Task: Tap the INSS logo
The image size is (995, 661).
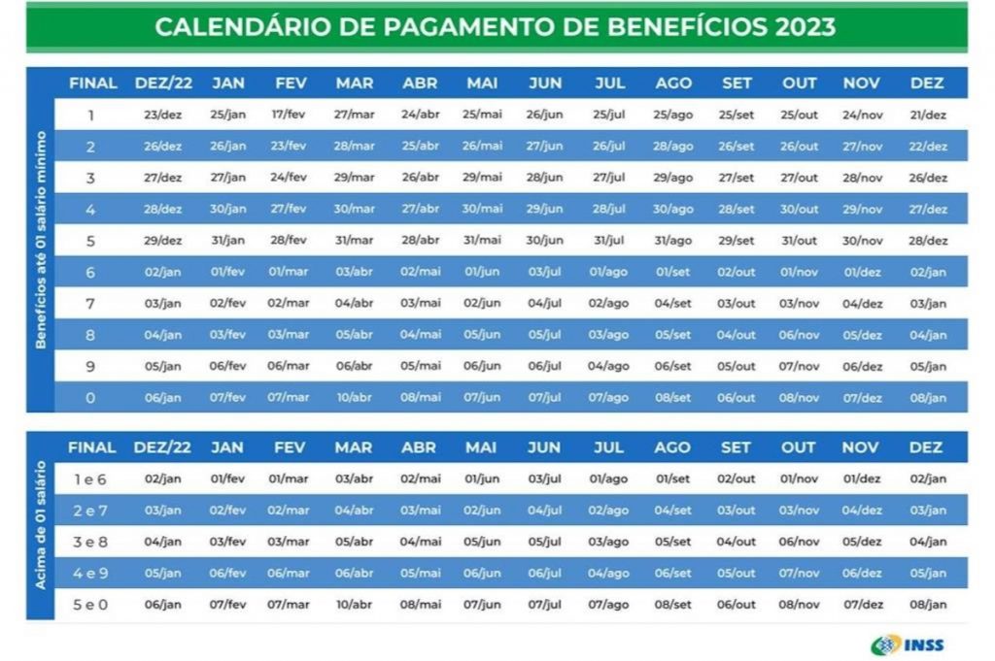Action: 909,644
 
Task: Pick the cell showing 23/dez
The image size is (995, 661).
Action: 162,115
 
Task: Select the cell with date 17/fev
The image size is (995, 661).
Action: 289,115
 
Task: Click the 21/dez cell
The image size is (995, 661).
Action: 928,115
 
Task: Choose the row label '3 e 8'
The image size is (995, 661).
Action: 91,542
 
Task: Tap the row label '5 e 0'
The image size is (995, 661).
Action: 91,605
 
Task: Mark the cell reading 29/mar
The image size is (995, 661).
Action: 354,178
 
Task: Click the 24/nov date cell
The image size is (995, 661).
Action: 862,115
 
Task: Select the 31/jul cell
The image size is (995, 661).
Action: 608,241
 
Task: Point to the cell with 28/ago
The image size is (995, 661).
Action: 673,147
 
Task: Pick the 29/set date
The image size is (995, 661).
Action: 737,241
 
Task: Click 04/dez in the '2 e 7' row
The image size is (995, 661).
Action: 862,511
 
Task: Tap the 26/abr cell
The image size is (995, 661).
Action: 420,178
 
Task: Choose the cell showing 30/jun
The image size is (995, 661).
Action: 544,241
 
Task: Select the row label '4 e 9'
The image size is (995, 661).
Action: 91,574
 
